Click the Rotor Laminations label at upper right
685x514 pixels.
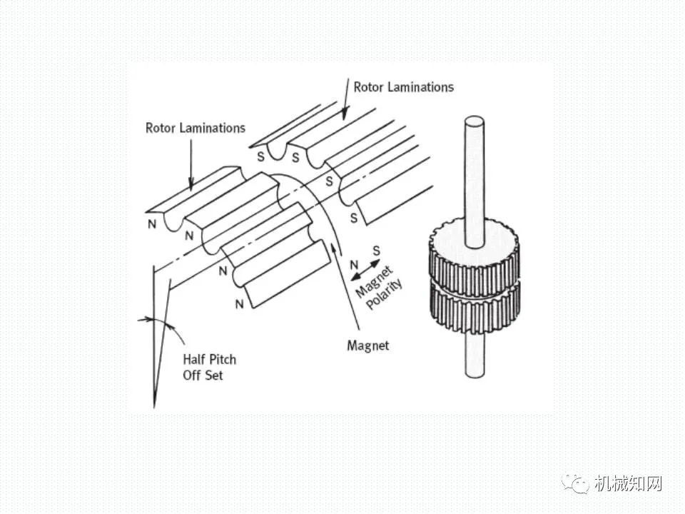coord(403,87)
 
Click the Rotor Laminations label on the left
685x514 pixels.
coord(195,128)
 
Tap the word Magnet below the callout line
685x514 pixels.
coord(367,346)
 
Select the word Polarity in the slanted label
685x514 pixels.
coord(385,293)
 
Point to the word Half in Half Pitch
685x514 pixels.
coord(196,359)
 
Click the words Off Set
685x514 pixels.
coord(203,375)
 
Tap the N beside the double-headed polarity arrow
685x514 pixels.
coord(353,266)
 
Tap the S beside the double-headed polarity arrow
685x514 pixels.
coord(376,249)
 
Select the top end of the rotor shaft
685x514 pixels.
coord(474,120)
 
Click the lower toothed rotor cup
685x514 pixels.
coord(474,308)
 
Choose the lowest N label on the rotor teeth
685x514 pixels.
coord(239,303)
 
